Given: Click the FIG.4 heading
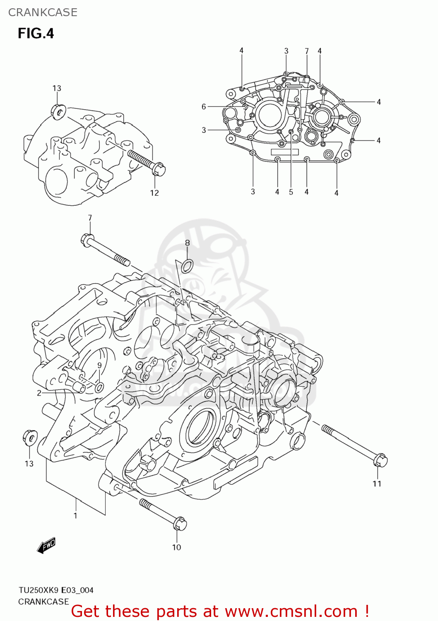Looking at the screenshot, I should (36, 34).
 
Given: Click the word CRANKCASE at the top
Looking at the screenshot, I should (43, 12).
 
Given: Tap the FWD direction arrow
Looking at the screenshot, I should (46, 546).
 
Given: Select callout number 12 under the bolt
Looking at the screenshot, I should (154, 193).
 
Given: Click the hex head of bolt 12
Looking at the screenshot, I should (159, 170).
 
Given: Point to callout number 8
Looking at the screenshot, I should (187, 243).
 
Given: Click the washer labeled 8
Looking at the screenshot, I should (187, 266).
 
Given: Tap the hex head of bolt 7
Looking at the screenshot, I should (88, 240).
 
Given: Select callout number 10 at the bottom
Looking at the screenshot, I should (176, 547).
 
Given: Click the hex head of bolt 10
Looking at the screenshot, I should (180, 524).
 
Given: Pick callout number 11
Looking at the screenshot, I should (377, 484).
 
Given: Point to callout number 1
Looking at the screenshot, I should (75, 515).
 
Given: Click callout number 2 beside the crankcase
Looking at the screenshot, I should (39, 393).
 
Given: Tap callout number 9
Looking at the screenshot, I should (99, 365).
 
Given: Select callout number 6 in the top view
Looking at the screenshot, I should (204, 107).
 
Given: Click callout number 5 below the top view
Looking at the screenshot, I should (291, 192).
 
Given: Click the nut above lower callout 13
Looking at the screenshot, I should (29, 438).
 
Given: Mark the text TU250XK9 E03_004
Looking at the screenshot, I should (56, 590).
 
